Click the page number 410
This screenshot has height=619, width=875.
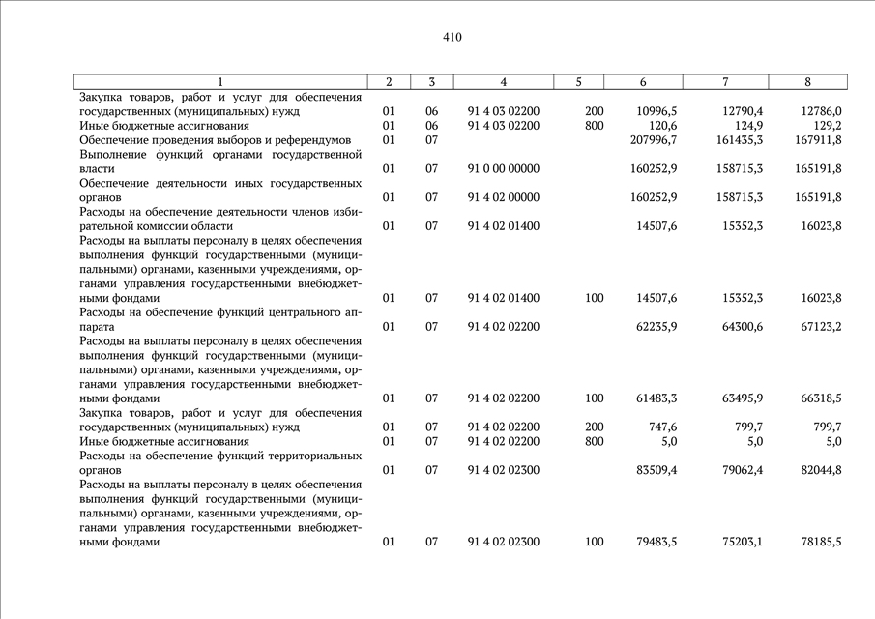[x=452, y=38]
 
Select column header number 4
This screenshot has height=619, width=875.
[x=504, y=82]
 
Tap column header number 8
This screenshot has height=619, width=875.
[x=806, y=82]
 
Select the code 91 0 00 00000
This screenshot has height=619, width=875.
[x=504, y=169]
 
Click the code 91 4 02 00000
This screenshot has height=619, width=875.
[x=504, y=197]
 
